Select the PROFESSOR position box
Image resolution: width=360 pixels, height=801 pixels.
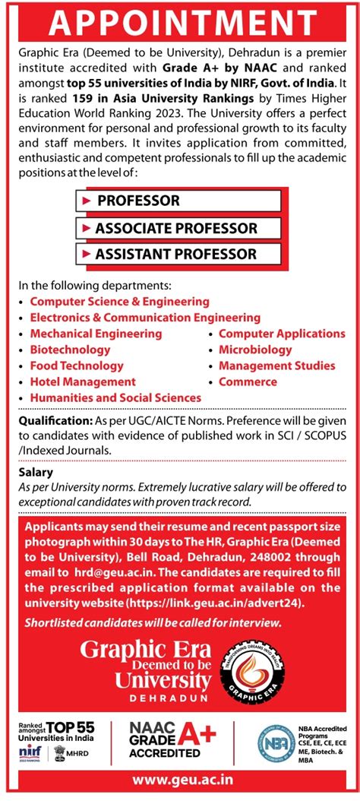pyautogui.click(x=179, y=201)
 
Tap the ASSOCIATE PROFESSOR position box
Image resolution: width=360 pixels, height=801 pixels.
pyautogui.click(x=179, y=228)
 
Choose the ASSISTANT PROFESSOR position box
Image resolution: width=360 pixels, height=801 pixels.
pyautogui.click(x=179, y=255)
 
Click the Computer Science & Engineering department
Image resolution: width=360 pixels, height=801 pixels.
pyautogui.click(x=119, y=302)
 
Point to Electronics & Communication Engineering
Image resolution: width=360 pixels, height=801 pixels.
pyautogui.click(x=145, y=318)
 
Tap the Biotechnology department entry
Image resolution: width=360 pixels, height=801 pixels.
pyautogui.click(x=70, y=350)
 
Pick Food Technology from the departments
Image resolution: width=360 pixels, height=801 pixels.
pyautogui.click(x=77, y=366)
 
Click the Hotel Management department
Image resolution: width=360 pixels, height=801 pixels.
pyautogui.click(x=83, y=382)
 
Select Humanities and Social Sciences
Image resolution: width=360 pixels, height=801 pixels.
pyautogui.click(x=115, y=397)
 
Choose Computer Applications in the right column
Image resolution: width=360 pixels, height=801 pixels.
pyautogui.click(x=282, y=334)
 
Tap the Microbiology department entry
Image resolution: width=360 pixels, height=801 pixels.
pyautogui.click(x=255, y=350)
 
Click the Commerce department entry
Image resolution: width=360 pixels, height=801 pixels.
pyautogui.click(x=248, y=382)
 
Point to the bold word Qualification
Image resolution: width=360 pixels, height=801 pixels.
pyautogui.click(x=50, y=420)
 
